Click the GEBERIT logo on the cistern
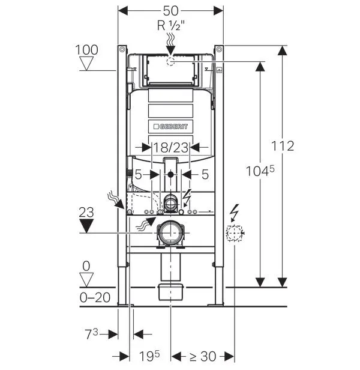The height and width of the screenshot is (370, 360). pyautogui.click(x=171, y=127)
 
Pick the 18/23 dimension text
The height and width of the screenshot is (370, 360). pyautogui.click(x=171, y=147)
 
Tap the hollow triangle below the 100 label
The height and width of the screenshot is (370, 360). pyautogui.click(x=88, y=64)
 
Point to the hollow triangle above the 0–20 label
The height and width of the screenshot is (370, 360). pyautogui.click(x=88, y=279)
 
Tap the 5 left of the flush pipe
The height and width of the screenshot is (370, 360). pyautogui.click(x=138, y=175)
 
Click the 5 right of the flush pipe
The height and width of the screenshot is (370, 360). pyautogui.click(x=205, y=175)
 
